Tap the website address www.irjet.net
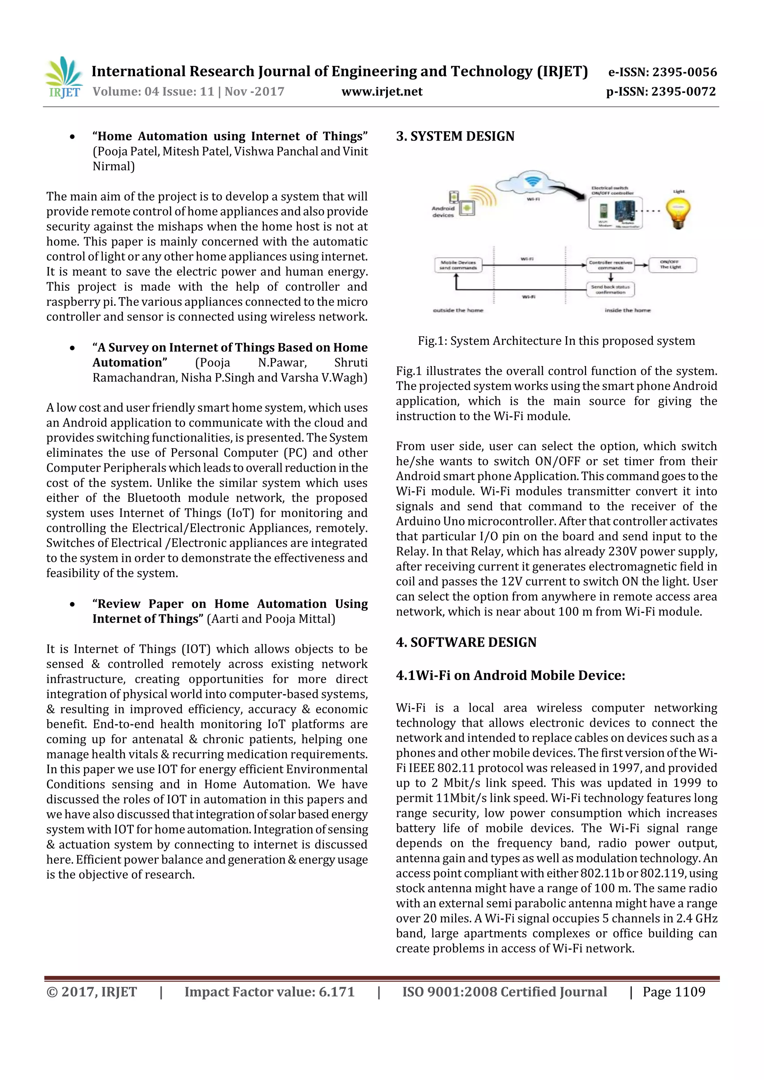(x=382, y=92)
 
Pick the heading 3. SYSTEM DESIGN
(x=455, y=136)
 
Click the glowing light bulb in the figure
(x=678, y=212)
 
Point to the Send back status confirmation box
(x=610, y=289)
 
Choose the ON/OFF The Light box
(x=672, y=265)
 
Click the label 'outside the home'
(x=458, y=311)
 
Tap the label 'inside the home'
(x=627, y=311)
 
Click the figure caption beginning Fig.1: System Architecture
(x=556, y=341)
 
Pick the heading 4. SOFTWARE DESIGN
(x=466, y=643)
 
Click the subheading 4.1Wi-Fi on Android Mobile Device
(x=510, y=676)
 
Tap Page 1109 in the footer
(x=674, y=992)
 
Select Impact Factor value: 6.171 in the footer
(x=269, y=992)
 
